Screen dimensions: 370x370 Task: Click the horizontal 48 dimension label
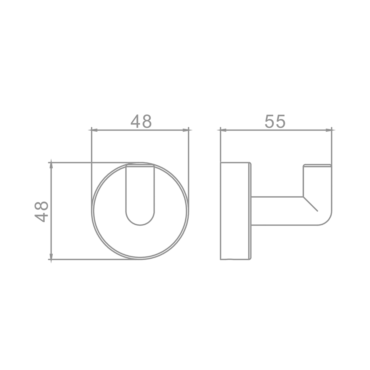[x=141, y=121]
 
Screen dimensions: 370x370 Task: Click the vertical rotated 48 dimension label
[x=41, y=212]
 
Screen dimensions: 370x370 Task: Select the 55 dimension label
[x=275, y=121]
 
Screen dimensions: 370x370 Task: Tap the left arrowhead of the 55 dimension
[x=223, y=130]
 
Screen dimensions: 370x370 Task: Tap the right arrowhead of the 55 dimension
[x=329, y=130]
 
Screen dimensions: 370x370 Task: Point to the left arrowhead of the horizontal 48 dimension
[x=94, y=130]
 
